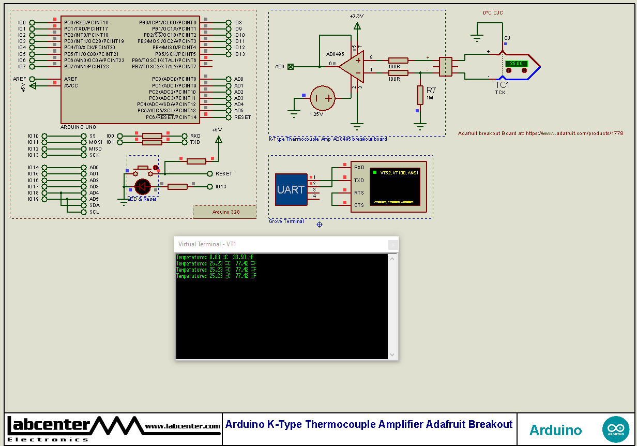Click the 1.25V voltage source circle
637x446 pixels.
(x=323, y=98)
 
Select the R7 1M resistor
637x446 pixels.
(x=420, y=96)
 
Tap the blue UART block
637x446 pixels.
(x=291, y=189)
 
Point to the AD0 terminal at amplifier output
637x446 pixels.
(x=291, y=67)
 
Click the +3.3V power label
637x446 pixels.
(x=356, y=16)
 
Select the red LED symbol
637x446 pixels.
(x=142, y=186)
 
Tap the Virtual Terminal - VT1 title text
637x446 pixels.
(x=207, y=244)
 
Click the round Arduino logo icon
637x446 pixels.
(x=616, y=429)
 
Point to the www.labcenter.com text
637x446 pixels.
(x=183, y=426)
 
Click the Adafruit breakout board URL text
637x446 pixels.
(x=540, y=133)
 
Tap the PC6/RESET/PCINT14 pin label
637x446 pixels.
(x=171, y=117)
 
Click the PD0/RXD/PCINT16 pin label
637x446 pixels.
(x=86, y=23)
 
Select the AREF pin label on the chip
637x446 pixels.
(x=70, y=79)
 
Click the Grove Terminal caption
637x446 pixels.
(x=286, y=221)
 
